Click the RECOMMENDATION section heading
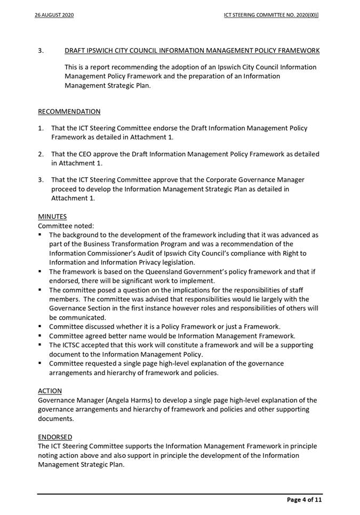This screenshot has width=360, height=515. pyautogui.click(x=69, y=112)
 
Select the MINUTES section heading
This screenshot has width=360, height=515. pyautogui.click(x=52, y=217)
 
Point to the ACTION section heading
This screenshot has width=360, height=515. pyautogui.click(x=50, y=391)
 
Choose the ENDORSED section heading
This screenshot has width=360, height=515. pyautogui.click(x=55, y=436)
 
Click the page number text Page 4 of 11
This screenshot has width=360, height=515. pyautogui.click(x=305, y=500)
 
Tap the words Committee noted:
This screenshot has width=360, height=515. pyautogui.click(x=66, y=226)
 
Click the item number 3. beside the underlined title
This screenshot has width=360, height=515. pyautogui.click(x=41, y=51)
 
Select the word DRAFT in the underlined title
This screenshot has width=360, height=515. pyautogui.click(x=76, y=51)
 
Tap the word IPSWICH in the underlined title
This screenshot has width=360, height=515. pyautogui.click(x=105, y=51)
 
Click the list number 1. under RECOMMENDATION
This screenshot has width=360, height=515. pyautogui.click(x=41, y=129)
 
